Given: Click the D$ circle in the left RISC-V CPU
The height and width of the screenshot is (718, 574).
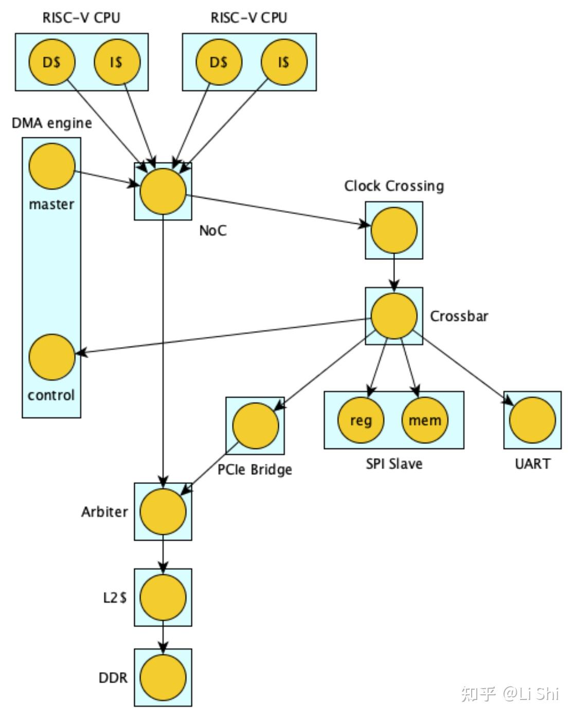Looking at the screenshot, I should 51,62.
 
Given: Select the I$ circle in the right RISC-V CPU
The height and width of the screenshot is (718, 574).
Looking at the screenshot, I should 284,62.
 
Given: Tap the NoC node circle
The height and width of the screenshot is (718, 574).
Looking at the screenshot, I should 163,191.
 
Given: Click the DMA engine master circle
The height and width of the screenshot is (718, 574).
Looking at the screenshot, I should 52,167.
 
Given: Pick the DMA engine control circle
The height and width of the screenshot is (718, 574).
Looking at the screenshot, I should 52,357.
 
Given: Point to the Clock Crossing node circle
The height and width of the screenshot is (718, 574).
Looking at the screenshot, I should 394,230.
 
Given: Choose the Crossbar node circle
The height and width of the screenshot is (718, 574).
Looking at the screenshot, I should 394,316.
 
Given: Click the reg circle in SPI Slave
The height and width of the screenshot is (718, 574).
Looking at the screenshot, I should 361,420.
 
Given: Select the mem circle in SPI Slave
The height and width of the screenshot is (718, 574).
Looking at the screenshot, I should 425,420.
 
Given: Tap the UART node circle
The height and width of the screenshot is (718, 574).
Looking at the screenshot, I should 532,420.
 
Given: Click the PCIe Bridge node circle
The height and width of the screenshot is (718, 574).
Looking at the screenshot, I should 255,426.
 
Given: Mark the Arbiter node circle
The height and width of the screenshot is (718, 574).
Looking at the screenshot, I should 163,512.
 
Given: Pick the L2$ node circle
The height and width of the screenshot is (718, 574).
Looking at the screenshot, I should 163,598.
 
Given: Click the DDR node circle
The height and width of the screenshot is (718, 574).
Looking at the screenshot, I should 163,677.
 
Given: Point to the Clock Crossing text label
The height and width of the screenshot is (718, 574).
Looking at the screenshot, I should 394,186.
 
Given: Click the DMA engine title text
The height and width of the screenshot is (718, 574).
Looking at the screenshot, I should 52,123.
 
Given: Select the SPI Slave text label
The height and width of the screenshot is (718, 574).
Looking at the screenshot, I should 394,464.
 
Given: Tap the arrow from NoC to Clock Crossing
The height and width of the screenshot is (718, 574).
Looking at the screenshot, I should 278,210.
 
